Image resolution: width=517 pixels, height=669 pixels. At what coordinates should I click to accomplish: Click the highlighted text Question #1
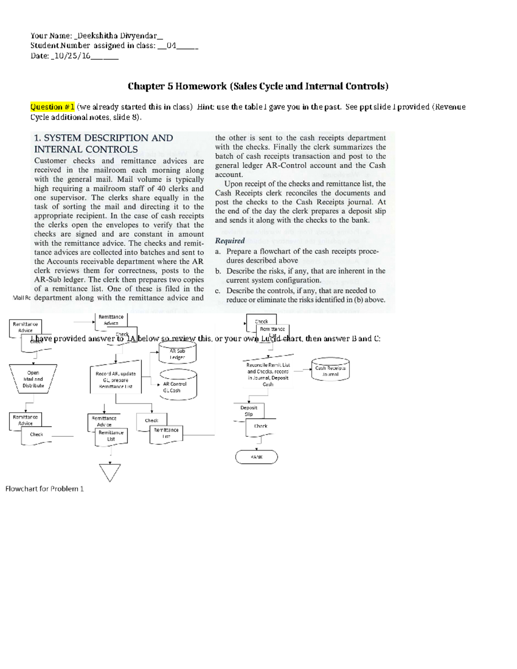point(53,107)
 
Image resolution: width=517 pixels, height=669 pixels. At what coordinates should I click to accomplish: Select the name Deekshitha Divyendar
point(117,36)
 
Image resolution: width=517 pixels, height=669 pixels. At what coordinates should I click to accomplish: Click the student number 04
point(171,45)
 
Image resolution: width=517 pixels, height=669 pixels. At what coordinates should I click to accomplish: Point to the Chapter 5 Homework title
point(258,86)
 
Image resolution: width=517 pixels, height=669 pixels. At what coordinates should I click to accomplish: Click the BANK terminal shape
point(256,457)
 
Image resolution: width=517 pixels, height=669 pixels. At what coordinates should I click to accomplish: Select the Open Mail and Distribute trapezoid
point(33,379)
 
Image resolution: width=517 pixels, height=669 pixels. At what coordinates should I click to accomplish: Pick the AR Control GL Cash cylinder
point(178,387)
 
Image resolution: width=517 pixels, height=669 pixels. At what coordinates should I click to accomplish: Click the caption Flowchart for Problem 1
point(44,489)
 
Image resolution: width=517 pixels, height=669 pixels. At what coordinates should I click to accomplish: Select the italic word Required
point(230,241)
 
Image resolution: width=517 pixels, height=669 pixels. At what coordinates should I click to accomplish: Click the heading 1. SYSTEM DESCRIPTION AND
point(103,138)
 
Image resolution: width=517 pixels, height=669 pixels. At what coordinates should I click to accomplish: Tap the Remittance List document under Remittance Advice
point(111,436)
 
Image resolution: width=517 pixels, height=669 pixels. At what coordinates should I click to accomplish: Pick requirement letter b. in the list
point(218,271)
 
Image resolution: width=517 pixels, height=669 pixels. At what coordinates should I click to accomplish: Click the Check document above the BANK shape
point(261,426)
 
